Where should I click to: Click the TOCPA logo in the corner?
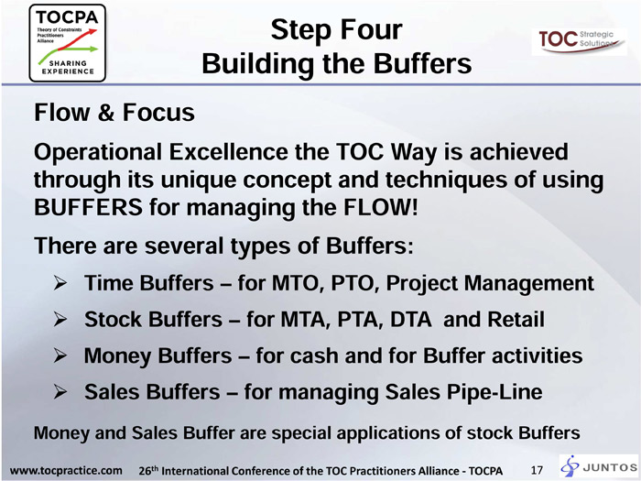click(68, 43)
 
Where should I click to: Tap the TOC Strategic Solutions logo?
click(580, 42)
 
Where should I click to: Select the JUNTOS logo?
click(599, 466)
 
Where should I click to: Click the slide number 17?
click(537, 470)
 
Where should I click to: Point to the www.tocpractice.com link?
click(66, 470)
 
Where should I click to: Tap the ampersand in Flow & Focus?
click(106, 113)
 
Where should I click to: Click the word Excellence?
click(229, 152)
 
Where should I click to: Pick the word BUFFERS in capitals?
click(88, 207)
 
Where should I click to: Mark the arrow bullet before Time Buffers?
click(60, 283)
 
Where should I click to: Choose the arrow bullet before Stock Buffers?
click(60, 320)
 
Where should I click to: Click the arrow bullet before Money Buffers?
click(60, 355)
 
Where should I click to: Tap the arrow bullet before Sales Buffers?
click(60, 392)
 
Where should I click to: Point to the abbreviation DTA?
click(411, 320)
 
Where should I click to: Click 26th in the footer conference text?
click(148, 470)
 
